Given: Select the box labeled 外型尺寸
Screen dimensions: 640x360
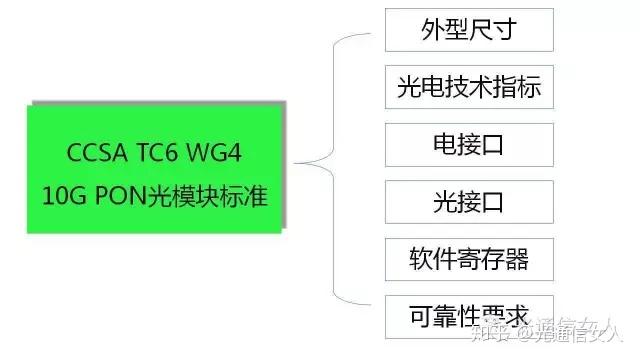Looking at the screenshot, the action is click(468, 30).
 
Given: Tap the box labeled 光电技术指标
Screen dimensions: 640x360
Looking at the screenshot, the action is click(468, 87).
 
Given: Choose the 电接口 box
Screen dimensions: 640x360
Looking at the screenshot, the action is click(468, 145).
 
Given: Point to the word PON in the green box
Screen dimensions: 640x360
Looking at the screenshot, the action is click(122, 195).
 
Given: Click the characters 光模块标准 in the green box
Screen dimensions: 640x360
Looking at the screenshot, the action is click(209, 195).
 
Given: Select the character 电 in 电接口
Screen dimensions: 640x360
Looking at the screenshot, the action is click(440, 145).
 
